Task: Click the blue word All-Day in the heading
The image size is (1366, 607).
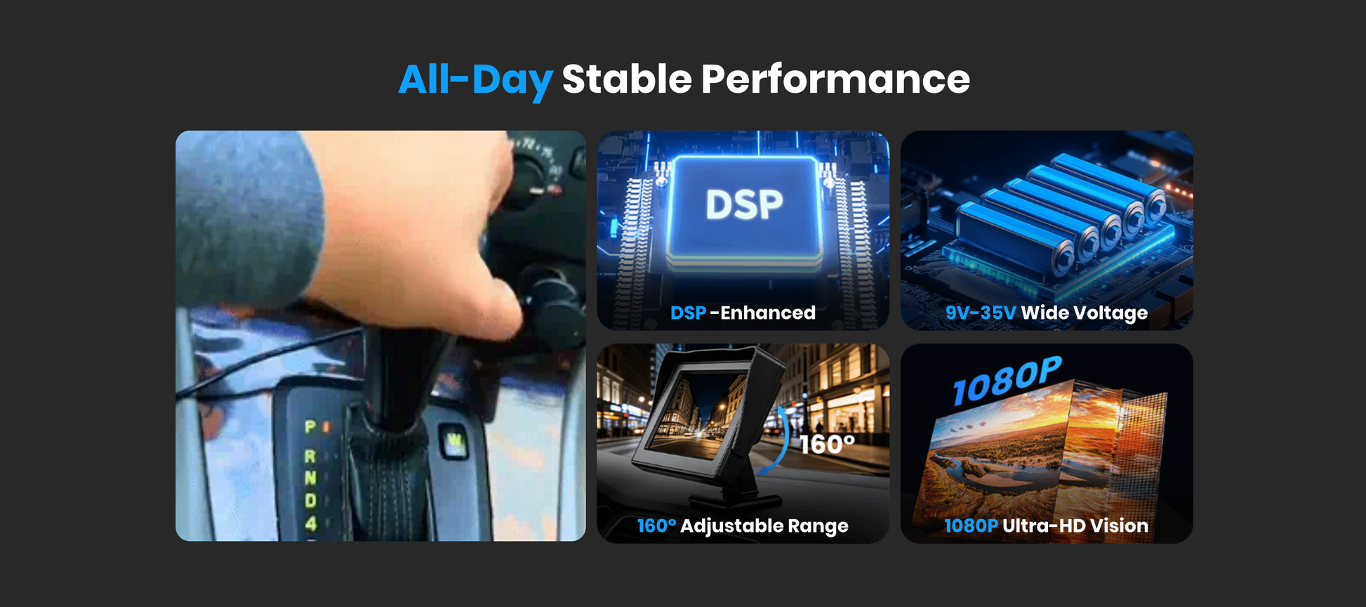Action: pyautogui.click(x=476, y=79)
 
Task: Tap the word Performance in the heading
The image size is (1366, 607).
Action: pyautogui.click(x=835, y=79)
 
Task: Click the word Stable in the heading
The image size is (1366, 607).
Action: pyautogui.click(x=627, y=79)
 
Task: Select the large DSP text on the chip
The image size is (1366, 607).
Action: pyautogui.click(x=744, y=204)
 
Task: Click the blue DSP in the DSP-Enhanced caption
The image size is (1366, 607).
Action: pyautogui.click(x=688, y=313)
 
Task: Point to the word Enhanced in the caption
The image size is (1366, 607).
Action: pyautogui.click(x=768, y=313)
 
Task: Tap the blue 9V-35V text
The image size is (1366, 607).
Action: pyautogui.click(x=981, y=313)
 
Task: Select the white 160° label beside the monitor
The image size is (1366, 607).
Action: pyautogui.click(x=827, y=445)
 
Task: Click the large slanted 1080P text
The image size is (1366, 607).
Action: pyautogui.click(x=1007, y=381)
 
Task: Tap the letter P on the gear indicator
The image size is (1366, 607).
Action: pyautogui.click(x=310, y=426)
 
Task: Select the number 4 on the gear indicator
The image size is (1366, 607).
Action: pyautogui.click(x=311, y=523)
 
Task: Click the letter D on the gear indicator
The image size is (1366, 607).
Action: pyautogui.click(x=310, y=500)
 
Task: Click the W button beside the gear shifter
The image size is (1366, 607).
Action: pyautogui.click(x=456, y=442)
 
